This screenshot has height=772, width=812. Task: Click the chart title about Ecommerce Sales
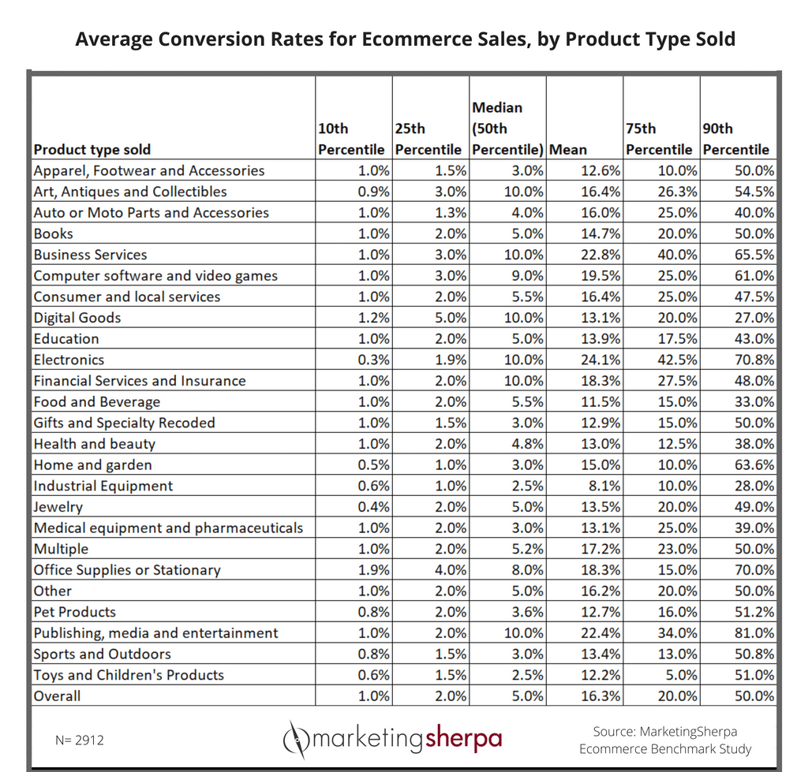405,39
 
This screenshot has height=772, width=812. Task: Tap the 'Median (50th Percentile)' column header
507,128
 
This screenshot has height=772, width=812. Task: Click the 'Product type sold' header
92,149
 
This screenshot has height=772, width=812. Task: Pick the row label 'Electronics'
69,360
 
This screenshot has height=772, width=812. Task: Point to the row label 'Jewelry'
58,507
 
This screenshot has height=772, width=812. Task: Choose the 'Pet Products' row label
74,612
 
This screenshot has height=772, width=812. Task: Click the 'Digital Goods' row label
77,318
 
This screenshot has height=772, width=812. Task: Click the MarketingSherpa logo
392,739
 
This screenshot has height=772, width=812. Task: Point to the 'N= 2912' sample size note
80,740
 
